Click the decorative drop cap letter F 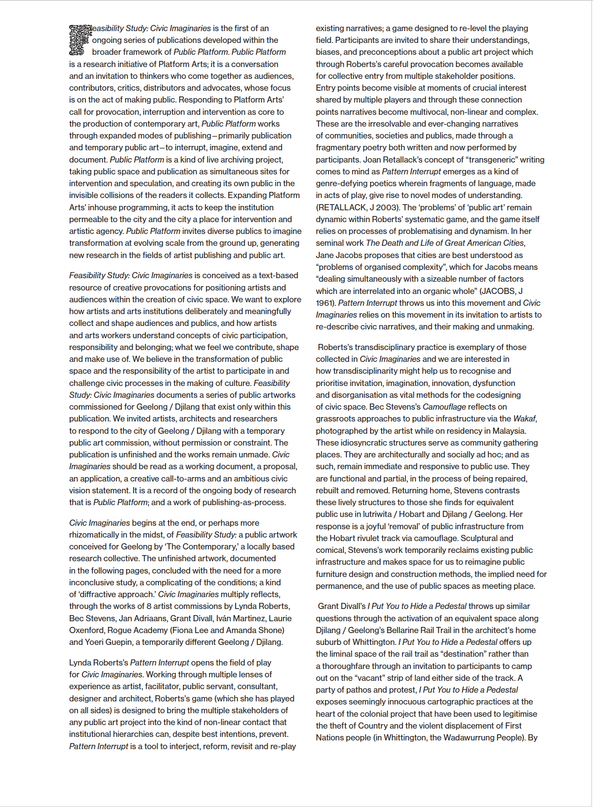point(80,40)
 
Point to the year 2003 point(387,208)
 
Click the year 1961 point(325,303)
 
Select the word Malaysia point(508,431)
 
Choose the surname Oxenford point(87,630)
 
